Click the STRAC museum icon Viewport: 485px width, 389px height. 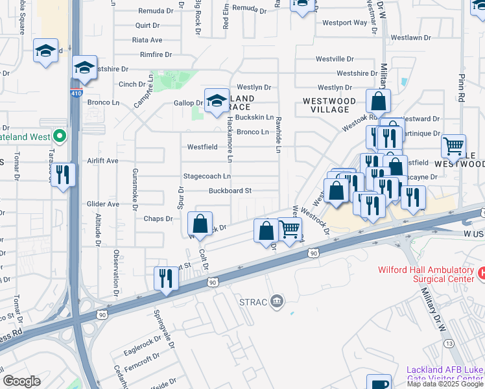coord(277,301)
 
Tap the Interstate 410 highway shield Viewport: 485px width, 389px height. coord(77,93)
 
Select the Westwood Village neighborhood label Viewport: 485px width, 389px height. coord(329,105)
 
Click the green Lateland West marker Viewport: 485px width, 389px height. coord(60,137)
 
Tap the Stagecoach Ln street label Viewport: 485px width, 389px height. coord(207,176)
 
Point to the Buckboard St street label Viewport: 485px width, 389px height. coord(230,191)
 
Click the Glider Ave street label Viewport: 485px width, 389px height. coord(103,204)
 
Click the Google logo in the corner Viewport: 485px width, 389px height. coord(21,381)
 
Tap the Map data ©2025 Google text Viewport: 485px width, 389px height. coord(445,384)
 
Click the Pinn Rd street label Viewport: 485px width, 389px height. coord(462,89)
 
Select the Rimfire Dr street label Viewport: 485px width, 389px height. coord(147,55)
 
